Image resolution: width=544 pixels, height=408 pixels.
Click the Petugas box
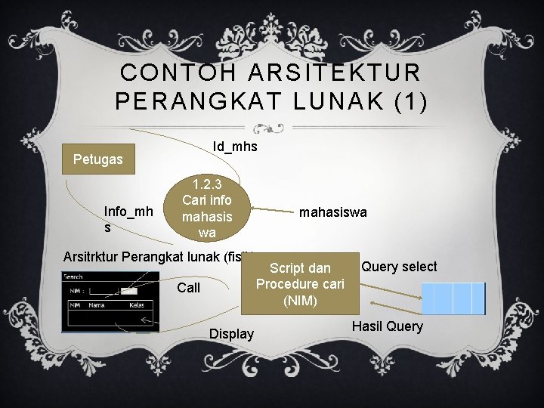click(97, 159)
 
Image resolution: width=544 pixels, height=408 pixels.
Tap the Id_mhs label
click(235, 147)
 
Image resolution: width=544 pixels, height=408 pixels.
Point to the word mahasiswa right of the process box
click(332, 213)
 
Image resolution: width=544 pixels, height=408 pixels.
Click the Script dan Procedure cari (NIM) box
click(300, 284)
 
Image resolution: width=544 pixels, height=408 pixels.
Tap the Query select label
click(399, 267)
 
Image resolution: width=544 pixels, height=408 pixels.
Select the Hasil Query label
click(388, 326)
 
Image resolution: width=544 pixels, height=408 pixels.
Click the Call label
click(188, 288)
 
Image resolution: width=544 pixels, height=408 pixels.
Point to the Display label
click(231, 334)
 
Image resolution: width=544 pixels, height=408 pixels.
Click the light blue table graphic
click(453, 298)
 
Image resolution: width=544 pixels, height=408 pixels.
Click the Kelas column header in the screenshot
click(136, 304)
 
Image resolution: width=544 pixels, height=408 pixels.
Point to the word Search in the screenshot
click(74, 277)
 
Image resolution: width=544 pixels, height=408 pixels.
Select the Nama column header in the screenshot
click(96, 304)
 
